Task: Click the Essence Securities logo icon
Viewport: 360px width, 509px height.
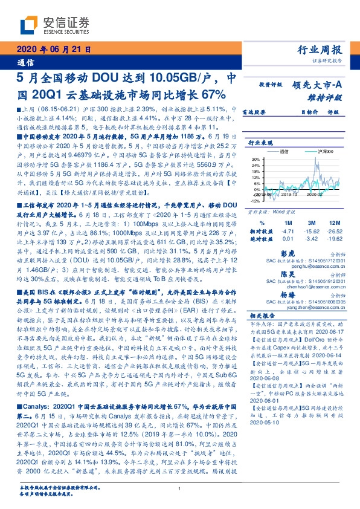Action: coord(28,25)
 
